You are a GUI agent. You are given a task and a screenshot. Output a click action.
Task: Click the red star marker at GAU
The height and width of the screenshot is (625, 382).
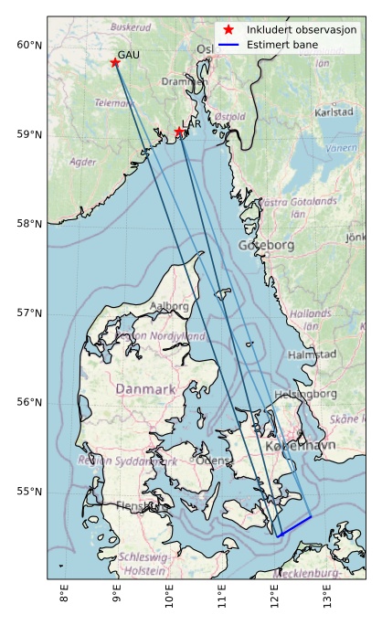(x=115, y=62)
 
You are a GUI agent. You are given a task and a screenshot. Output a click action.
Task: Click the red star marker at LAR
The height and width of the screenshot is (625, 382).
(x=179, y=132)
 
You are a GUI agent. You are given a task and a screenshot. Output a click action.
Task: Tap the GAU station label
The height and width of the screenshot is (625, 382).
(x=129, y=56)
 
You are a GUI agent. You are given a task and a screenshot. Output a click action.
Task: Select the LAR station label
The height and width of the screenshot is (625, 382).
(x=191, y=123)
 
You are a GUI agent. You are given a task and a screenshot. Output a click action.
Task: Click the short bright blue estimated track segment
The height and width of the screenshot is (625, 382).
(x=294, y=526)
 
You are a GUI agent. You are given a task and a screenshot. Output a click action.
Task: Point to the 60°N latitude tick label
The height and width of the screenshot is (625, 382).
(x=29, y=46)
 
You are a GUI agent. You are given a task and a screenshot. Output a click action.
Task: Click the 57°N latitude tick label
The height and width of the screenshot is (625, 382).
(x=29, y=313)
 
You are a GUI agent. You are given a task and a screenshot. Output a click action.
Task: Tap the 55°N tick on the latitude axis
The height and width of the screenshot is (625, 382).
(x=29, y=492)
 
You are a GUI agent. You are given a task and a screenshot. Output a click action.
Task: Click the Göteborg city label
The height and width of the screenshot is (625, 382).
(x=266, y=246)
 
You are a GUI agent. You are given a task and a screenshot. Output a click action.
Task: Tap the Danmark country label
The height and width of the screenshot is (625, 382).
(x=145, y=390)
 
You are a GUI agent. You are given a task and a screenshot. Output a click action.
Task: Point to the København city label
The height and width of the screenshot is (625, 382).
(x=300, y=446)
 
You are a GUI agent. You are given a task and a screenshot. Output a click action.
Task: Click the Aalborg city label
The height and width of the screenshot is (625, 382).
(x=169, y=307)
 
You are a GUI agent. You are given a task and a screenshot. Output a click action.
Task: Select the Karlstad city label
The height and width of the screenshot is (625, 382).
(x=333, y=112)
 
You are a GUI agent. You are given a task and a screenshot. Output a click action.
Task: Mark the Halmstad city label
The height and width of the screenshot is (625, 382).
(x=312, y=354)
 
